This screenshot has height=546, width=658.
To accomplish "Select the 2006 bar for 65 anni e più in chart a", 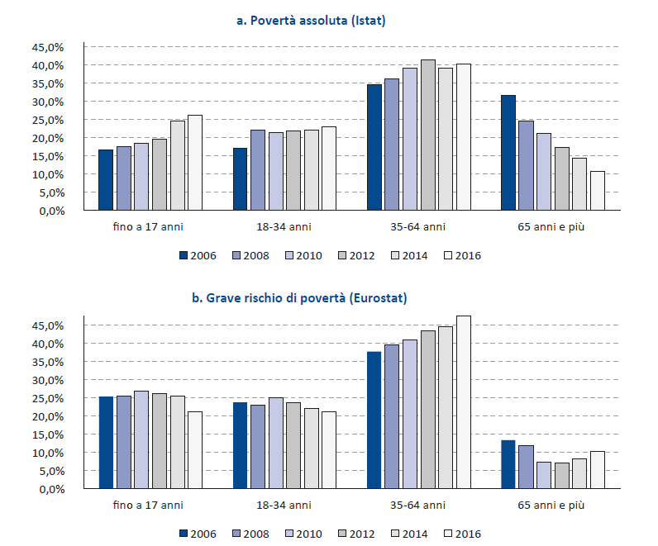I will coord(508,153).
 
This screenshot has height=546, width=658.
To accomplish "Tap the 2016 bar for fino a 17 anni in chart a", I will coord(194,163).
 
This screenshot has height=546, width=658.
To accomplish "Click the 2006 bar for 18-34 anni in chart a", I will coord(240,179).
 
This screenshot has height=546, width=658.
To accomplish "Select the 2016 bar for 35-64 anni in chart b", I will coord(463,402).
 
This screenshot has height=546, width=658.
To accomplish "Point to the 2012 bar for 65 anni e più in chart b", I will coord(561,476).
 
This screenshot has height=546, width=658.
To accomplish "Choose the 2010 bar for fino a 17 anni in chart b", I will coord(141,440).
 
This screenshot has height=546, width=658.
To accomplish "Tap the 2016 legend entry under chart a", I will coord(463,255).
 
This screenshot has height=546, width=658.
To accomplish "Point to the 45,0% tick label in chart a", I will coord(48,47).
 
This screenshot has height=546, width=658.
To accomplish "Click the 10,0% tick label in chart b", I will coord(48,453).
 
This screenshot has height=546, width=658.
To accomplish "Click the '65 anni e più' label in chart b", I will coord(551,505).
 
